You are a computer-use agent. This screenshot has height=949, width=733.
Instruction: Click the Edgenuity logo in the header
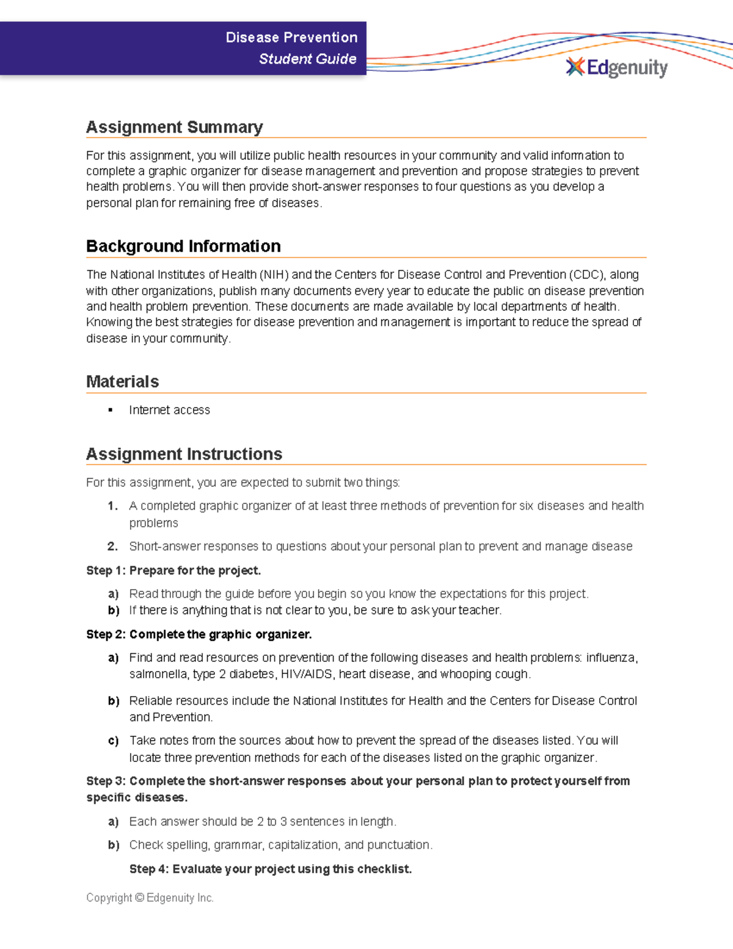coord(617,67)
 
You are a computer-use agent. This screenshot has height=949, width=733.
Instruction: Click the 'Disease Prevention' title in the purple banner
coord(291,37)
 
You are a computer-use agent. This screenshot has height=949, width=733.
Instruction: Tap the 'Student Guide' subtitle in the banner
coord(307,59)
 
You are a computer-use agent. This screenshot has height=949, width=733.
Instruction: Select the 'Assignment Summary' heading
coord(174,127)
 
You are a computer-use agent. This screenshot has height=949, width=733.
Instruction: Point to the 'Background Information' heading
coord(183,246)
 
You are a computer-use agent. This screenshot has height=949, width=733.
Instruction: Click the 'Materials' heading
coord(122,382)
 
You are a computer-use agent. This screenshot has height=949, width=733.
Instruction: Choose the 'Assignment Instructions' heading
coord(184,454)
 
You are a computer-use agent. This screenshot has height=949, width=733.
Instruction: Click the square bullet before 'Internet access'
coord(111,410)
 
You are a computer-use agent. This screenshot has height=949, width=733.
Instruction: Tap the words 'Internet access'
coord(169,410)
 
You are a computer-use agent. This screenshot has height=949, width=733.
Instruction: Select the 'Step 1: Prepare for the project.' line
coord(173,570)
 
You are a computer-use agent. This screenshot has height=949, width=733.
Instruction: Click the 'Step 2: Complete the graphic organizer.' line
coord(199,634)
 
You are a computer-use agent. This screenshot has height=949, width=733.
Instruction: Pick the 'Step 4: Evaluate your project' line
coord(270,869)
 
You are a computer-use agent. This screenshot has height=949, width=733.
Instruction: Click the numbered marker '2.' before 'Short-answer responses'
coord(112,546)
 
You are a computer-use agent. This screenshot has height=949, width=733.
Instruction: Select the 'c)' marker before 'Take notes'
coord(113,741)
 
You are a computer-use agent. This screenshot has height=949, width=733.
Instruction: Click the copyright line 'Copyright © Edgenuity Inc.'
coord(150,898)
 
